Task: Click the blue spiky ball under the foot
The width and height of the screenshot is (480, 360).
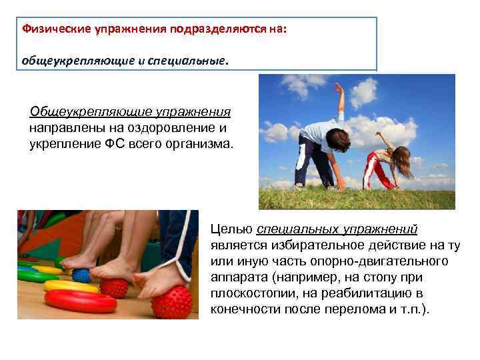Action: pos(82,275)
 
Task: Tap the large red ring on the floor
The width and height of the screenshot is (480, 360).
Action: pos(73,301)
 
